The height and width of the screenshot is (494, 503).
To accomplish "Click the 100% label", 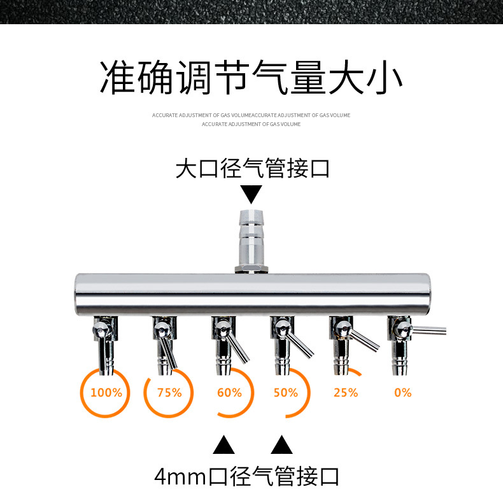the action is click(x=106, y=393).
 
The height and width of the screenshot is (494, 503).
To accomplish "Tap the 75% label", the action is click(x=169, y=393).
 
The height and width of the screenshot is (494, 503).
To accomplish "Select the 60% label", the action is click(x=229, y=393).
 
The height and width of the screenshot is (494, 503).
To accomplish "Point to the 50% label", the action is click(x=285, y=393).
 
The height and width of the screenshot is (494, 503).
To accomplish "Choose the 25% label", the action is click(x=346, y=393).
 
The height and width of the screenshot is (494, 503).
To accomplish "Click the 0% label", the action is click(x=403, y=393).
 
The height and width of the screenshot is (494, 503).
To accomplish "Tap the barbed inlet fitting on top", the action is click(x=251, y=238).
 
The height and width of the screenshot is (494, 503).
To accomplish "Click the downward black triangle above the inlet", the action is click(x=251, y=194).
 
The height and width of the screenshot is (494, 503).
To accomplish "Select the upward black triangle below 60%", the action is click(x=223, y=444).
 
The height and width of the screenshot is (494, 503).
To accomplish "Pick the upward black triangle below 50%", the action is click(x=281, y=444).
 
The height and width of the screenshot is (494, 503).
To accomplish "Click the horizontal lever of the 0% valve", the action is click(x=429, y=330).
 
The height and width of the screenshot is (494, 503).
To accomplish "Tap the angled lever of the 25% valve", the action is click(x=364, y=341).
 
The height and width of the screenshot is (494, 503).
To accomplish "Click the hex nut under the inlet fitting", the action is click(x=251, y=269).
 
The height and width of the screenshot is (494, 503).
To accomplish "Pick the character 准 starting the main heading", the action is click(x=117, y=77).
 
